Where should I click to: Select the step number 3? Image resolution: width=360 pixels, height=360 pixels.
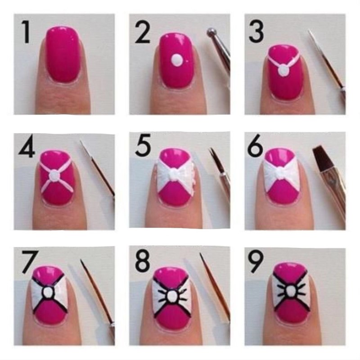[x=256, y=32]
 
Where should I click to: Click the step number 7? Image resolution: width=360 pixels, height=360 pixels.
[x=30, y=262]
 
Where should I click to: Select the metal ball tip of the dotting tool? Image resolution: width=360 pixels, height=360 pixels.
[x=211, y=32]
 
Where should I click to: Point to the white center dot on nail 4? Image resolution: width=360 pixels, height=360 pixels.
[x=55, y=175]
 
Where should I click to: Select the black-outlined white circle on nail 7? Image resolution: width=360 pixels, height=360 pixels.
[x=48, y=292]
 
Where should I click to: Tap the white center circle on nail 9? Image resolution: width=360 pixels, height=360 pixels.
[x=291, y=292]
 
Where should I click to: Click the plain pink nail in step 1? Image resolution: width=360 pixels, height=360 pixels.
[x=63, y=54]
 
